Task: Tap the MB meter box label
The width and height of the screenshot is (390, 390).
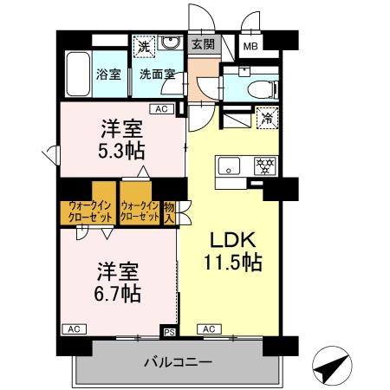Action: point(250,47)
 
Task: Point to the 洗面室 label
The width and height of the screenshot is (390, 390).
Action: point(157,74)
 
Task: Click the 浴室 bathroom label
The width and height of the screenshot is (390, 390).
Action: point(107,74)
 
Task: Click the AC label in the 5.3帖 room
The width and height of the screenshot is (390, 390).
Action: point(160,108)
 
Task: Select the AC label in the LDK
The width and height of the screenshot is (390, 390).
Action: point(209,328)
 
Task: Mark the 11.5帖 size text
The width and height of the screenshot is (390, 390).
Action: point(231,258)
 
